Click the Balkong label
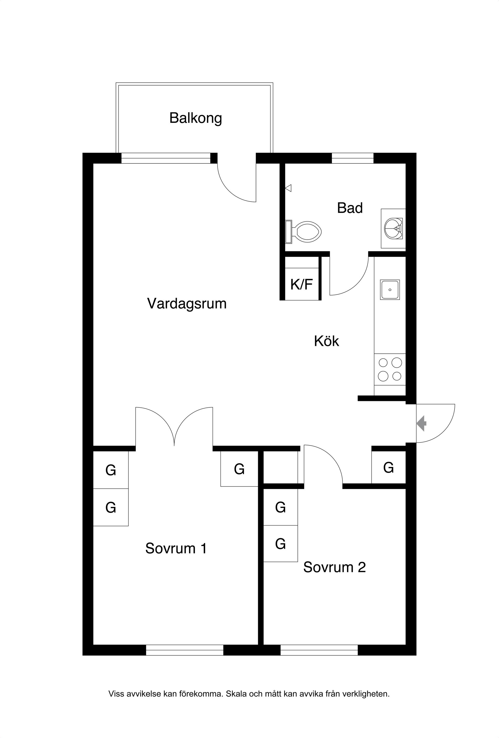pyautogui.click(x=195, y=118)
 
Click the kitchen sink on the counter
pyautogui.click(x=390, y=289)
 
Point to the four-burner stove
pyautogui.click(x=390, y=369)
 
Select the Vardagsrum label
pyautogui.click(x=187, y=304)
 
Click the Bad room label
pyautogui.click(x=350, y=208)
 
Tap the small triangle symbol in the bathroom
pyautogui.click(x=288, y=188)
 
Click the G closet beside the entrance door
pyautogui.click(x=389, y=467)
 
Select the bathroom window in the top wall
pyautogui.click(x=353, y=158)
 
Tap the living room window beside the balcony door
pyautogui.click(x=166, y=158)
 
